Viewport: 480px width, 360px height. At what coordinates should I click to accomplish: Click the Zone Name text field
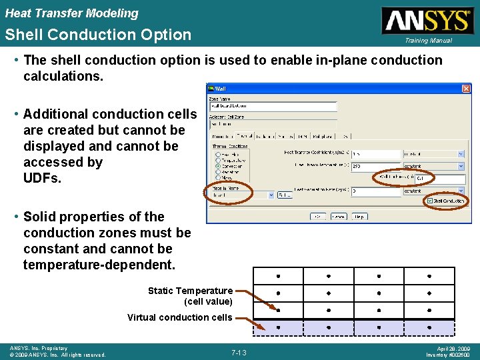click(273, 106)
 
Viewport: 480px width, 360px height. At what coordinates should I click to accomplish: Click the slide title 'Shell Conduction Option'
click(98, 35)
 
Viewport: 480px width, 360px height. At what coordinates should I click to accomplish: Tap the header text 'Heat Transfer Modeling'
click(72, 13)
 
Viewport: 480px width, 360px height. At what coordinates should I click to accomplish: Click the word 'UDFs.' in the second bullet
click(42, 178)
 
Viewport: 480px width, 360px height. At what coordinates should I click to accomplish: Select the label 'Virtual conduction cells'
click(180, 317)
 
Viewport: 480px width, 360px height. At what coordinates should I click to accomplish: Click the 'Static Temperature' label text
click(190, 291)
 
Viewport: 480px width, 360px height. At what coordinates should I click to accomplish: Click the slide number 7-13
click(239, 353)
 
